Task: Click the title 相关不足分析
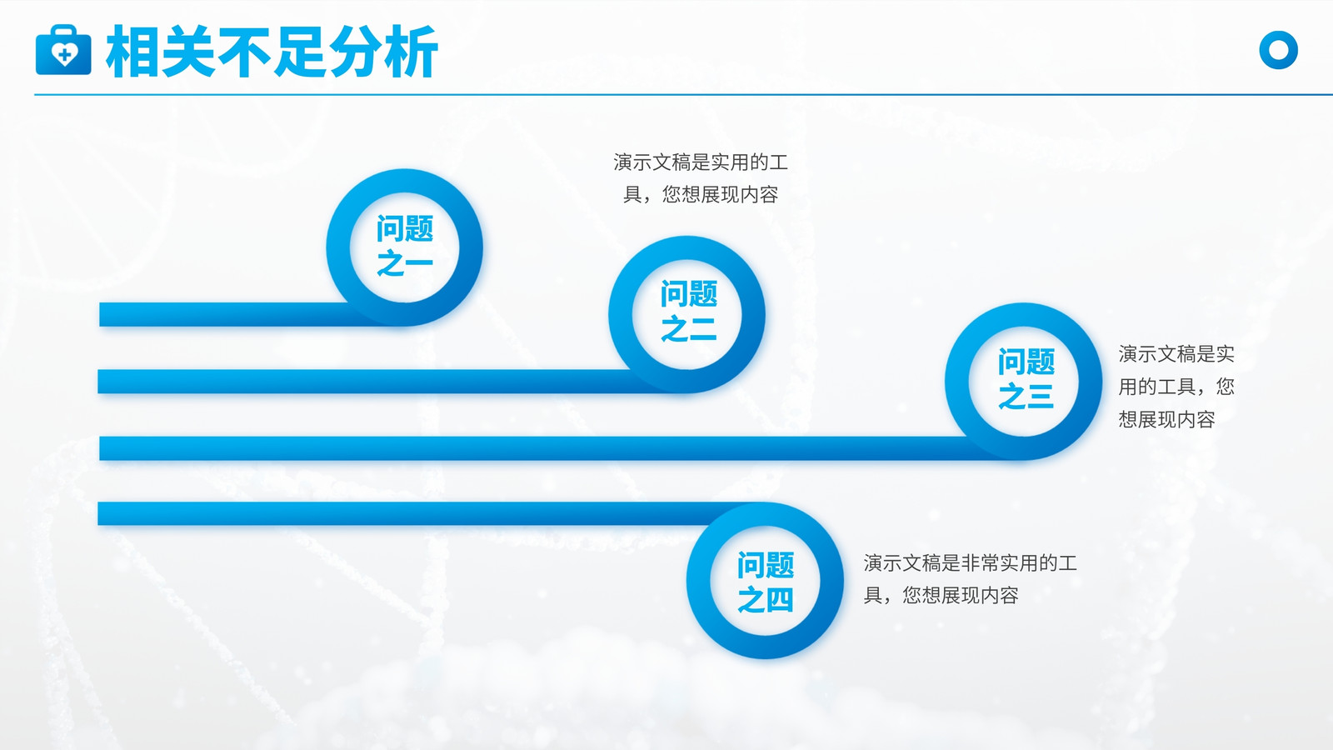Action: tap(272, 51)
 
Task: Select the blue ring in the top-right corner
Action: tap(1278, 50)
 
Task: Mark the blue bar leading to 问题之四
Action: tap(417, 513)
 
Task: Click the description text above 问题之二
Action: tap(701, 178)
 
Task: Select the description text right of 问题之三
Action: tap(1176, 387)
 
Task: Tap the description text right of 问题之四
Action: tap(970, 578)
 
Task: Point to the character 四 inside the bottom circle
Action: tap(780, 599)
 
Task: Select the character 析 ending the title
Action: tap(412, 52)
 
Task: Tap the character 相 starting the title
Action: tap(132, 52)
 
